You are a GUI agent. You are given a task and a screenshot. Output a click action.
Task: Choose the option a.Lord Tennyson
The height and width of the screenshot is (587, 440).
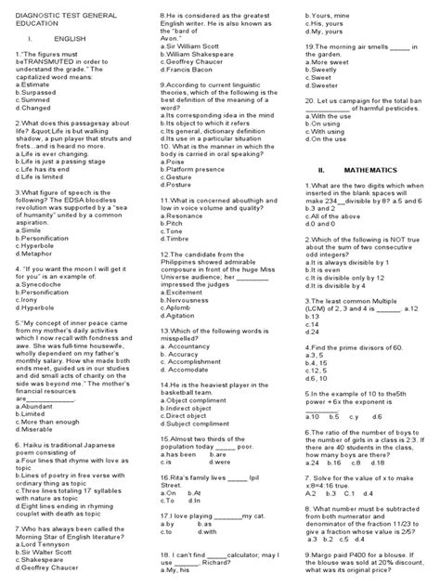(44, 542)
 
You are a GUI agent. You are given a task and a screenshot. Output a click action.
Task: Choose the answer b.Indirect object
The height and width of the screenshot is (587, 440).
(191, 405)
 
